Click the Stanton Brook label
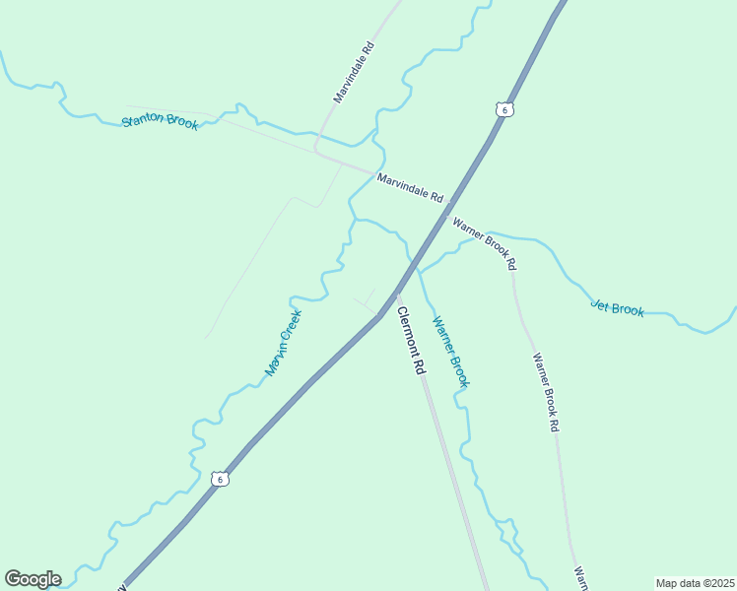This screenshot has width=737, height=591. [160, 123]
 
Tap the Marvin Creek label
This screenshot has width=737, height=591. [283, 343]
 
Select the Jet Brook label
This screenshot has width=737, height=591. [618, 308]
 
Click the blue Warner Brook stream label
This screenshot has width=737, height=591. [450, 351]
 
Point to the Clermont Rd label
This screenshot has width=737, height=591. [411, 341]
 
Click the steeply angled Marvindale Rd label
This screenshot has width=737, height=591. [354, 73]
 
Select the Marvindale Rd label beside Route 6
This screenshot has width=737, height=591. [409, 186]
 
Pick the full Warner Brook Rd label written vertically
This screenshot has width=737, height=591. [546, 392]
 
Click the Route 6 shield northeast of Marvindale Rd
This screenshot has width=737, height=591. [504, 109]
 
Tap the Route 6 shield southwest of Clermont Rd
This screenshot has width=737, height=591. [220, 479]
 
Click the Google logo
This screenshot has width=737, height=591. [33, 579]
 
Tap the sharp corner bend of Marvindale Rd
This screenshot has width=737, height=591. [315, 150]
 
